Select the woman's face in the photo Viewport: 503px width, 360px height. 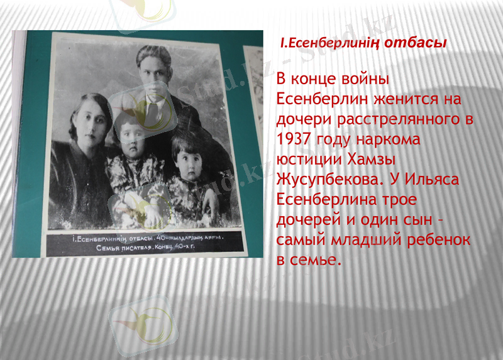(87, 120)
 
